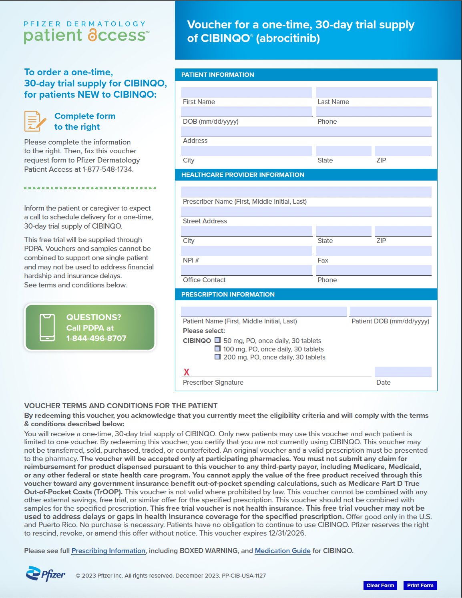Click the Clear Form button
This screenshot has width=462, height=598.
click(x=380, y=585)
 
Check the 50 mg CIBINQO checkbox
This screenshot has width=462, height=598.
click(x=218, y=340)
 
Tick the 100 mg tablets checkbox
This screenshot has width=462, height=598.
click(x=218, y=349)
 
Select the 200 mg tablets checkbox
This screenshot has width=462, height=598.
click(x=218, y=357)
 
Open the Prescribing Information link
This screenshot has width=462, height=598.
click(x=108, y=551)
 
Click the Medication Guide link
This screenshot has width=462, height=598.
click(x=283, y=551)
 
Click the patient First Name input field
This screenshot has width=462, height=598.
click(x=246, y=92)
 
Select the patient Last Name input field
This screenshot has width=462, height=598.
click(x=374, y=92)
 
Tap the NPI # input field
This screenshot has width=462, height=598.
click(x=246, y=251)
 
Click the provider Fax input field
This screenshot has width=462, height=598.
click(x=374, y=251)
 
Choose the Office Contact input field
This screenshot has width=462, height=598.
click(x=246, y=270)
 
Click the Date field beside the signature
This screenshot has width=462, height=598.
click(x=403, y=371)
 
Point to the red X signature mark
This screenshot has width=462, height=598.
click(x=187, y=372)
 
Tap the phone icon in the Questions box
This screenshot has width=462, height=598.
click(x=47, y=327)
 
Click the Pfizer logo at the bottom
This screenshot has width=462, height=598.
click(x=45, y=574)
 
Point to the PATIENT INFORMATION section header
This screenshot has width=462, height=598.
click(x=218, y=75)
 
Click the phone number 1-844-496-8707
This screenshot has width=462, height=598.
click(x=96, y=338)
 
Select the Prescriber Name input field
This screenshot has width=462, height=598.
click(x=306, y=191)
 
